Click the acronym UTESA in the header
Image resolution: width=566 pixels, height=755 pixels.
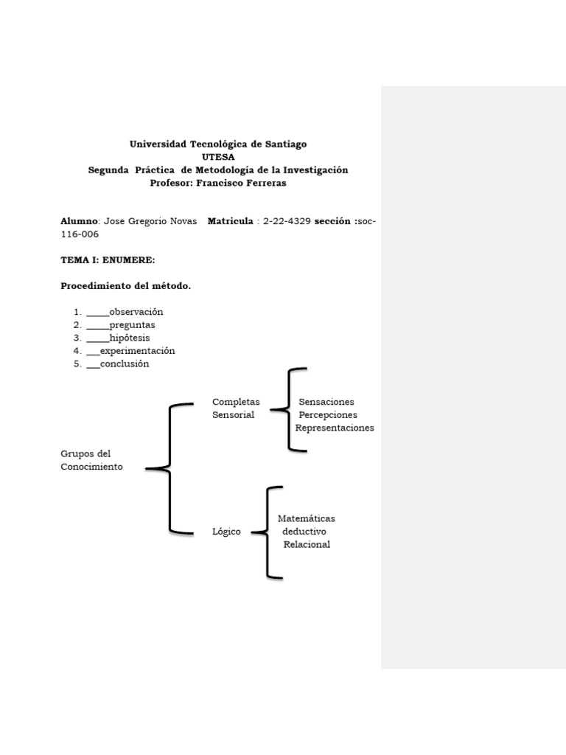pyautogui.click(x=218, y=157)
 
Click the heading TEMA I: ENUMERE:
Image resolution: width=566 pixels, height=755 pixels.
pyautogui.click(x=108, y=260)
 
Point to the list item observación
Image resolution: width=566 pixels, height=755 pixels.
pyautogui.click(x=136, y=312)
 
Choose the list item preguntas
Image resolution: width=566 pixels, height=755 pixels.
pyautogui.click(x=132, y=324)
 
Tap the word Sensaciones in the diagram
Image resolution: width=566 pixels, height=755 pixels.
pyautogui.click(x=326, y=402)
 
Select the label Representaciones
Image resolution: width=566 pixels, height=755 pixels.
pyautogui.click(x=335, y=428)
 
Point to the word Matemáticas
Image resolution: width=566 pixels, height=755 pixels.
pyautogui.click(x=306, y=518)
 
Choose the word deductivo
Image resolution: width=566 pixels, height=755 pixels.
pyautogui.click(x=304, y=531)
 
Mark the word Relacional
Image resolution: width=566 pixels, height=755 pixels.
pyautogui.click(x=307, y=544)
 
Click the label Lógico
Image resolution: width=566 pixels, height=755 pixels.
pyautogui.click(x=226, y=532)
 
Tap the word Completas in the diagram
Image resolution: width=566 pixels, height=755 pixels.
pyautogui.click(x=236, y=402)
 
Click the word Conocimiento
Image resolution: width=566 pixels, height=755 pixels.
pyautogui.click(x=91, y=467)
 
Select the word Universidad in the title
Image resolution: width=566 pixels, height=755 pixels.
pyautogui.click(x=158, y=145)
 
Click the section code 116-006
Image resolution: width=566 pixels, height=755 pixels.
pyautogui.click(x=79, y=234)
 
